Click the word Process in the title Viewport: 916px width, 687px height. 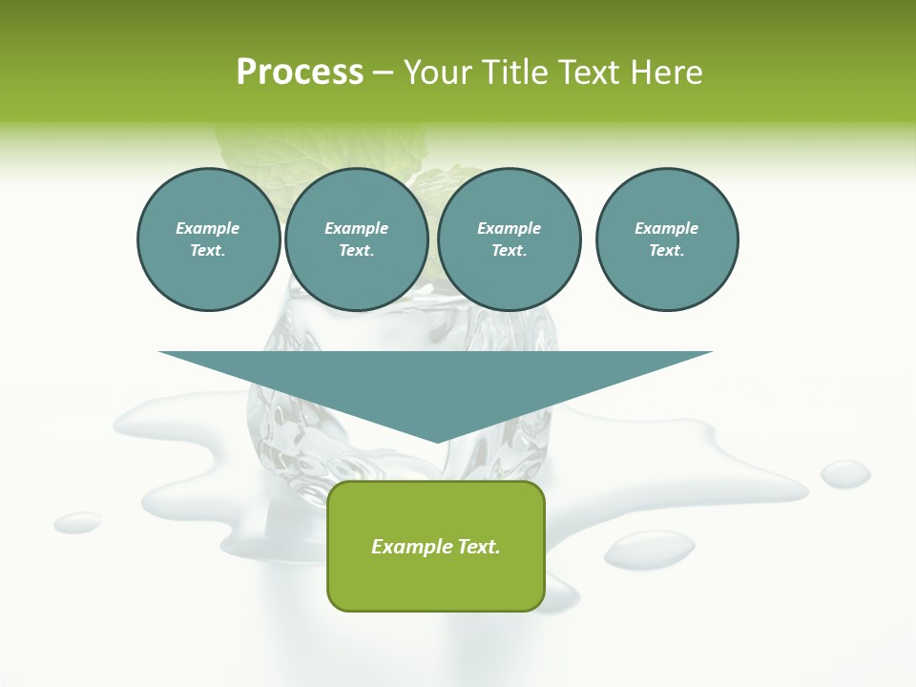pyautogui.click(x=300, y=72)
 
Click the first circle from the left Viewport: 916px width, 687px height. pyautogui.click(x=208, y=239)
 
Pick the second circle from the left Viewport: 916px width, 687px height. pyautogui.click(x=356, y=239)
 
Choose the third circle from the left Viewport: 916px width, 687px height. pyautogui.click(x=509, y=239)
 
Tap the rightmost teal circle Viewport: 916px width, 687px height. pyautogui.click(x=666, y=239)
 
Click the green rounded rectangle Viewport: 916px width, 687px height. pyautogui.click(x=436, y=546)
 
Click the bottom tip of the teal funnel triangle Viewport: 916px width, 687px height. pyautogui.click(x=437, y=442)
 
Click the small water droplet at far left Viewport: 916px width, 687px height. pyautogui.click(x=77, y=522)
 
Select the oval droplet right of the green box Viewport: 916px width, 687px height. pyautogui.click(x=650, y=549)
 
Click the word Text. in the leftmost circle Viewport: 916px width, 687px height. pyautogui.click(x=208, y=251)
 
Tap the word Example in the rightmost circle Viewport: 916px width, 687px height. pyautogui.click(x=666, y=228)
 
